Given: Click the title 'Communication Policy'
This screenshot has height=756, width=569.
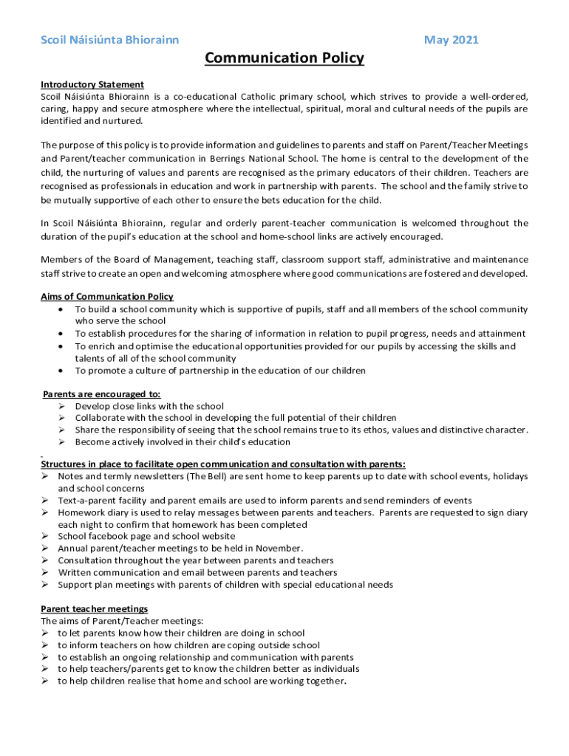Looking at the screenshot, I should pyautogui.click(x=284, y=58).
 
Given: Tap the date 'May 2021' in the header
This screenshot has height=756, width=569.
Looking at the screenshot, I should pyautogui.click(x=451, y=40).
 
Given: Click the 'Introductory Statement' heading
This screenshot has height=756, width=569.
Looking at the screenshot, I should pyautogui.click(x=92, y=85).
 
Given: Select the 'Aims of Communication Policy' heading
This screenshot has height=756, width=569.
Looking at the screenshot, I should pyautogui.click(x=107, y=297).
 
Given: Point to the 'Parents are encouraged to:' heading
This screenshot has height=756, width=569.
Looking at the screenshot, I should pyautogui.click(x=102, y=394).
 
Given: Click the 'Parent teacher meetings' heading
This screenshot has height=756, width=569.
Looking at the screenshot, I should pyautogui.click(x=94, y=609).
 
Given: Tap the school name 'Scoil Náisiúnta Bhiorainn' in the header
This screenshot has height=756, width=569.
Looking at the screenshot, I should pyautogui.click(x=109, y=40).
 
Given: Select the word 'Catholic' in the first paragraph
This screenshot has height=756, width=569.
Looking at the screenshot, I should pyautogui.click(x=260, y=97).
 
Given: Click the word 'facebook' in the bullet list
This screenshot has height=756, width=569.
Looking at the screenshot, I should pyautogui.click(x=110, y=537).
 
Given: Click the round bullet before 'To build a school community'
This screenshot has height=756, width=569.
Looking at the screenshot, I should pyautogui.click(x=60, y=309).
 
